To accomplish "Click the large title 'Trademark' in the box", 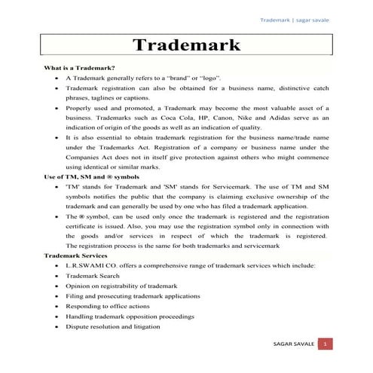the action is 187,44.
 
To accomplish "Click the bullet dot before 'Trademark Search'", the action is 57,277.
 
